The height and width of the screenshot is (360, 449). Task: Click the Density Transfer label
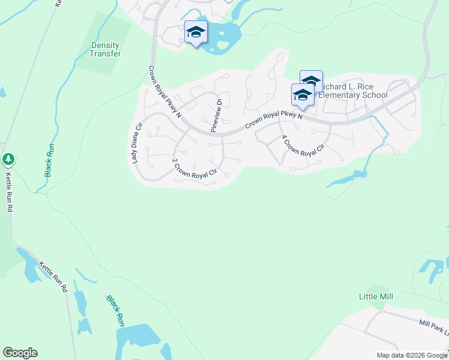[x=106, y=49]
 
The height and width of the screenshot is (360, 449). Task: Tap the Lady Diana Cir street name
[x=136, y=143]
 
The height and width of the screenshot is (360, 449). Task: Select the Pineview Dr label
[x=216, y=115]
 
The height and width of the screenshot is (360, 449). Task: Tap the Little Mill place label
[x=376, y=297]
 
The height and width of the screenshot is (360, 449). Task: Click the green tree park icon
[x=8, y=160]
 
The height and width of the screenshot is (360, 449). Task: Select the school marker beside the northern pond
[x=196, y=32]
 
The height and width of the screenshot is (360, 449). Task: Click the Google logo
[x=20, y=353]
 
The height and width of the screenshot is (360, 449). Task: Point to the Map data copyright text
[x=412, y=355]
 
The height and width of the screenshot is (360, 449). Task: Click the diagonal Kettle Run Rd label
[x=53, y=277]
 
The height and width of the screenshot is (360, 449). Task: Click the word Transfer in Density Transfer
[x=106, y=53]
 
